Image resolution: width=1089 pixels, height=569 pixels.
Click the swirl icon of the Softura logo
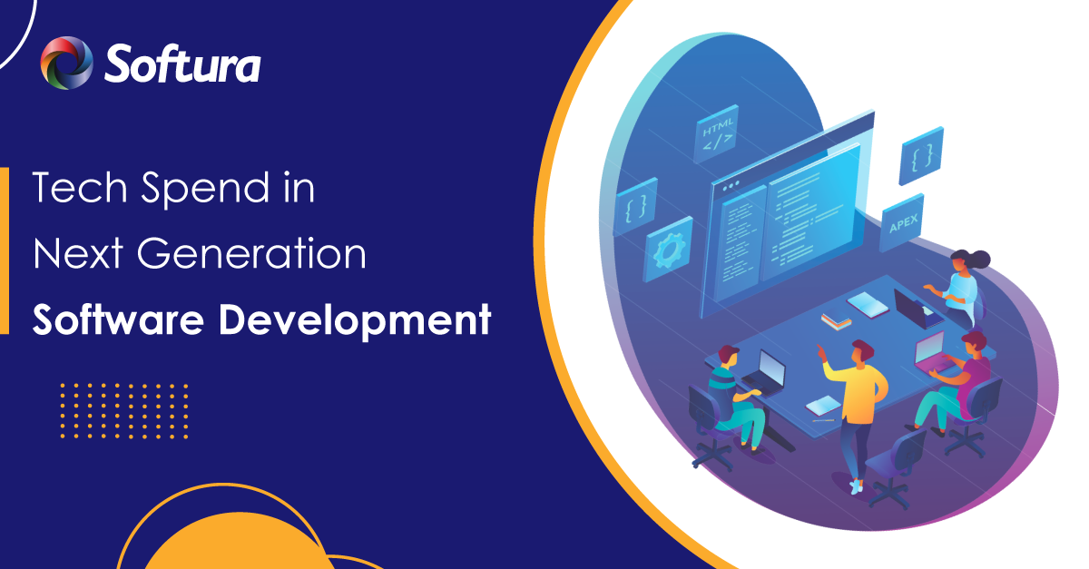pos(66,63)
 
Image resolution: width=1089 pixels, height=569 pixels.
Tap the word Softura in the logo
pos(182,64)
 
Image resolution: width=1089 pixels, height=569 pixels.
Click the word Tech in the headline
pos(80,187)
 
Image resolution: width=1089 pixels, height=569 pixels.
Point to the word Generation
pos(252,253)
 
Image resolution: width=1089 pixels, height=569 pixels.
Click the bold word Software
pos(118,319)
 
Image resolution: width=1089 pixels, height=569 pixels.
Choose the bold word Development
pos(356,321)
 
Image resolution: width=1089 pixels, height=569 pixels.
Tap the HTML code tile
pos(717,133)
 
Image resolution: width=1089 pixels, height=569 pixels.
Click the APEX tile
pos(902,223)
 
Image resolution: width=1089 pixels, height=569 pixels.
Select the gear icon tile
pos(669,250)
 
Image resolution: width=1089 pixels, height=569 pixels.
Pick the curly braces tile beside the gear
pos(636,207)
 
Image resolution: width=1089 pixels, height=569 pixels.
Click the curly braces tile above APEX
pos(921,156)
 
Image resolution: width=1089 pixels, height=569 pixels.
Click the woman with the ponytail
pos(957,288)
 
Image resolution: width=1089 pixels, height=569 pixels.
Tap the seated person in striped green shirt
pos(735,397)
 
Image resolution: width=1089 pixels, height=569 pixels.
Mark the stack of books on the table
pos(836,321)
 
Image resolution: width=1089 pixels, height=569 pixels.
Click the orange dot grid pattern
pos(124,411)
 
